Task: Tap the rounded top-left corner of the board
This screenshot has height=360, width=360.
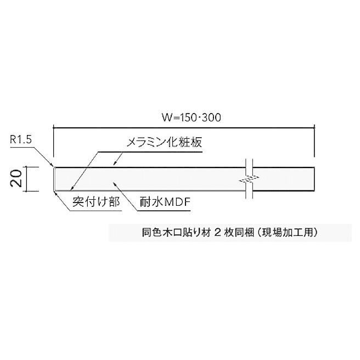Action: pos(54,167)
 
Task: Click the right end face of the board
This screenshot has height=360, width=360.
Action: pos(315,179)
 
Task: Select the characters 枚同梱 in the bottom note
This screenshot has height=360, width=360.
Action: pos(237,232)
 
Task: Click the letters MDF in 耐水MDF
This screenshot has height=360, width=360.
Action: pos(177,202)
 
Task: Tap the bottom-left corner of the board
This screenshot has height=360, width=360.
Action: pos(54,190)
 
